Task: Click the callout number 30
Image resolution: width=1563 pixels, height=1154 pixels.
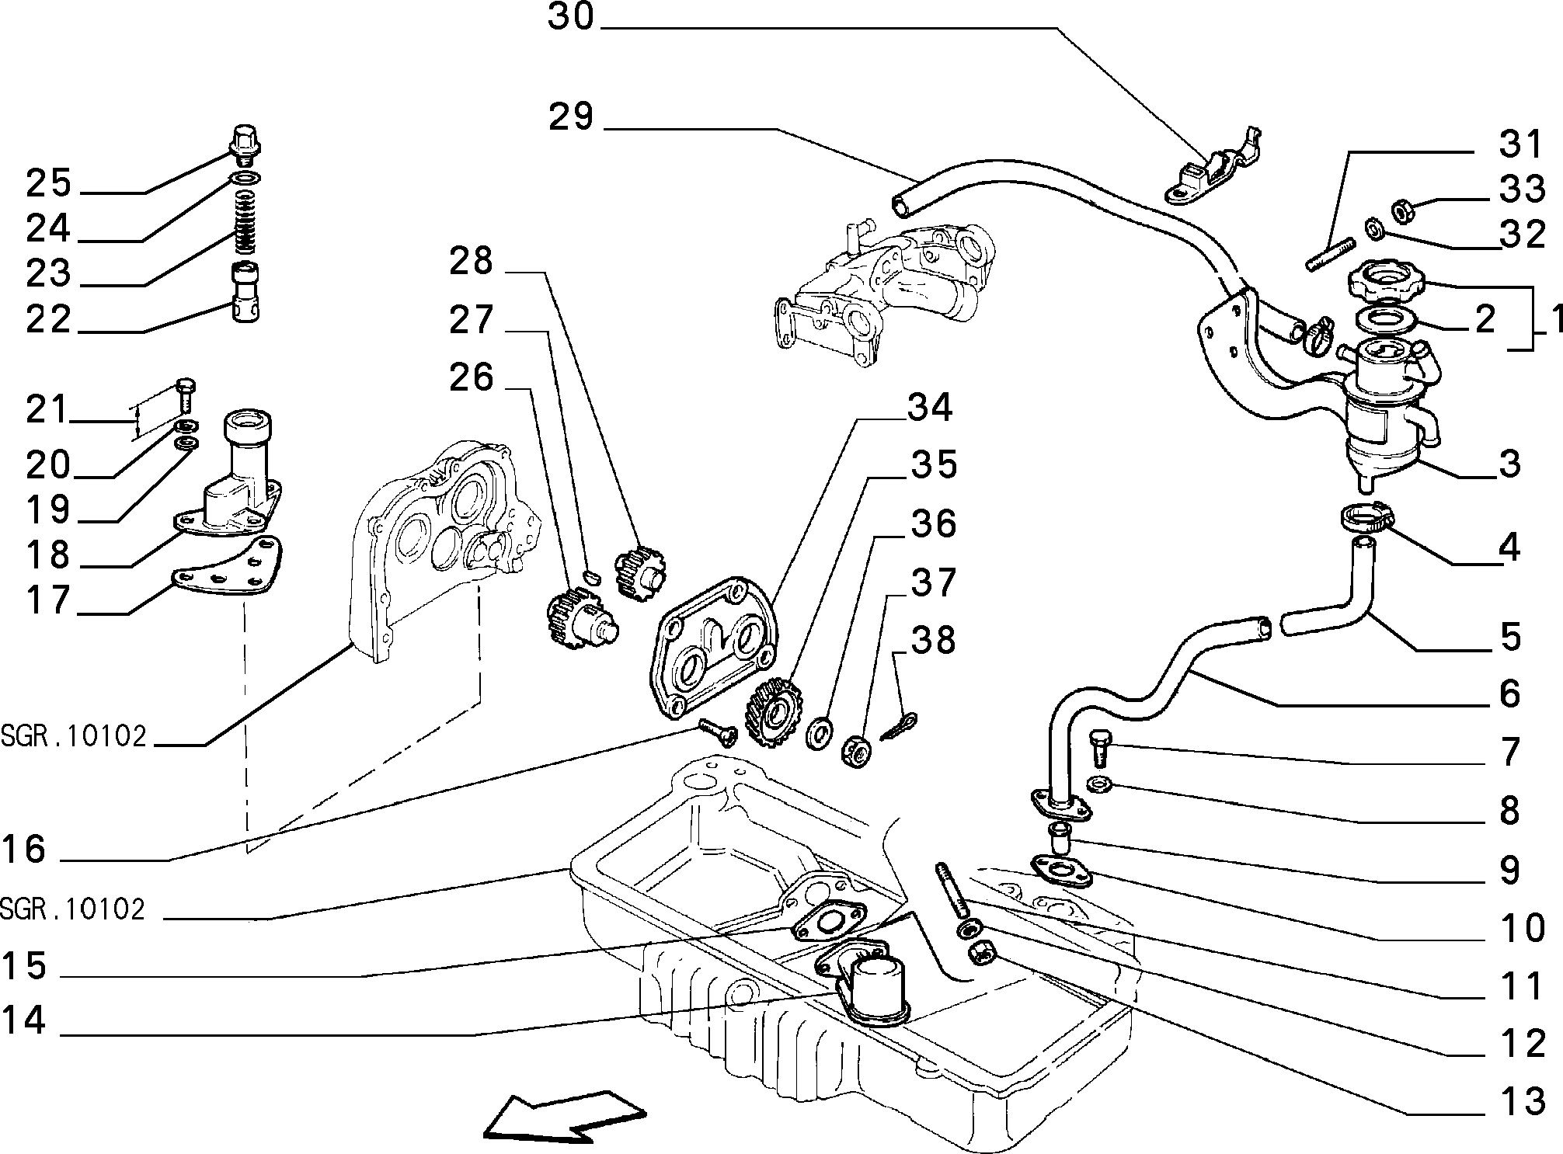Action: [x=570, y=17]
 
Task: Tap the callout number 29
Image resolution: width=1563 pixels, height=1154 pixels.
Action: [x=571, y=116]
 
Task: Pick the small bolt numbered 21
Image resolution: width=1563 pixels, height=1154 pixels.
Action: [x=186, y=395]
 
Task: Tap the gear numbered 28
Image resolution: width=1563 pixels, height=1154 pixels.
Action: [x=641, y=573]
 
